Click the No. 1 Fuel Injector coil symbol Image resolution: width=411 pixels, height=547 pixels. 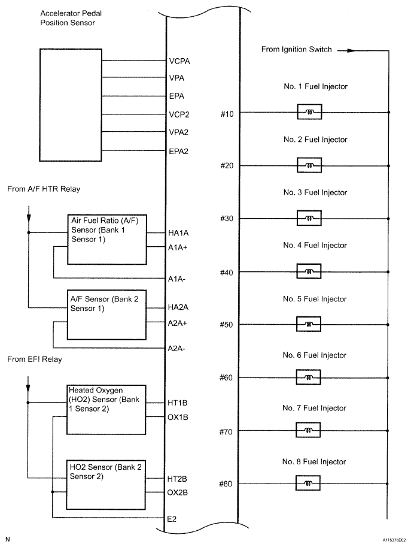pyautogui.click(x=309, y=112)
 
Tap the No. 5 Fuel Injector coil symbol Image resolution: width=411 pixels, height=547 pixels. pyautogui.click(x=309, y=324)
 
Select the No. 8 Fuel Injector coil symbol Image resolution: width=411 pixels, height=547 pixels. pyautogui.click(x=309, y=483)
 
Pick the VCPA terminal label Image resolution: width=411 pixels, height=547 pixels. pyautogui.click(x=180, y=61)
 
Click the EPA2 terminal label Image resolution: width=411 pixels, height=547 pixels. pyautogui.click(x=179, y=151)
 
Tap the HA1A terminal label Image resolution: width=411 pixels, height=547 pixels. pyautogui.click(x=179, y=232)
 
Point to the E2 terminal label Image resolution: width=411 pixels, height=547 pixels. pyautogui.click(x=173, y=518)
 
